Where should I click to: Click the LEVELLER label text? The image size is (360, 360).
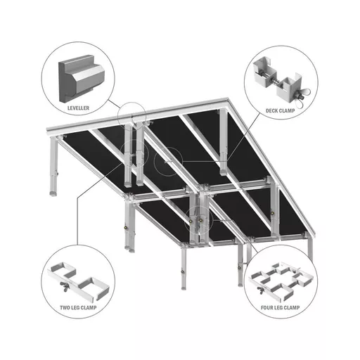point(78,108)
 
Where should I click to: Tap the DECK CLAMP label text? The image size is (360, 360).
point(280,110)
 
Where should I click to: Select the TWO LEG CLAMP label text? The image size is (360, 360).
point(78,307)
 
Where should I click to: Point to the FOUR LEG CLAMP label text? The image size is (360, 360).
point(280,307)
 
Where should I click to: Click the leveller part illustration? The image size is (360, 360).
point(81,79)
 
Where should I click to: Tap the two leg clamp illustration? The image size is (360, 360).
point(78,281)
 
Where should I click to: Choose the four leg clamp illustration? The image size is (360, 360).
point(281,281)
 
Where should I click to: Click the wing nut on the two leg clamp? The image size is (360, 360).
point(65,286)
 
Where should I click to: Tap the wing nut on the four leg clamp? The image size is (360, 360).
point(260,290)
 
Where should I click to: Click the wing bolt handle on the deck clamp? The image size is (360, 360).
point(305,93)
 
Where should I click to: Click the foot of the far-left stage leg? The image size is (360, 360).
point(53,193)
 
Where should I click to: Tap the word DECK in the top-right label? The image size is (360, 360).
point(271,110)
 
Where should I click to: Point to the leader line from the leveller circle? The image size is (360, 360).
point(115,104)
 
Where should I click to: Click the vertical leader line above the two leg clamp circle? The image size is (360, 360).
point(77,221)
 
